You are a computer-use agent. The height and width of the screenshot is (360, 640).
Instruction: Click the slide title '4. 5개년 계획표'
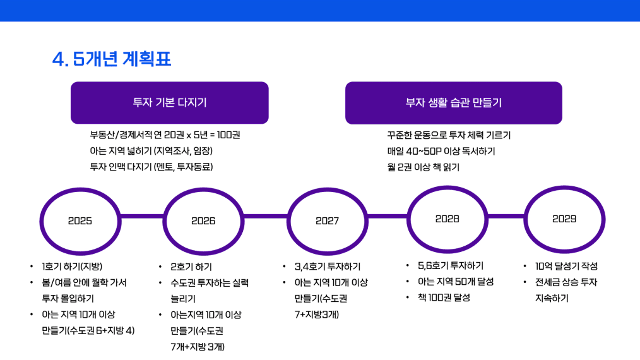click(x=112, y=59)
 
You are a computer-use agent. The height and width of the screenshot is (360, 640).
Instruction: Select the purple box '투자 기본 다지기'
click(x=169, y=102)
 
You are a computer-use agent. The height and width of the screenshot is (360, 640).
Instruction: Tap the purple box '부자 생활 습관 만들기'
click(x=453, y=102)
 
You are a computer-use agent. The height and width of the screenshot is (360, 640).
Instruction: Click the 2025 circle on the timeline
click(x=80, y=221)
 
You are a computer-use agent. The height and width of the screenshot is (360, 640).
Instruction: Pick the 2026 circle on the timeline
click(x=203, y=221)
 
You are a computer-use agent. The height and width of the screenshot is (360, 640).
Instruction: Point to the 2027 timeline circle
click(x=327, y=221)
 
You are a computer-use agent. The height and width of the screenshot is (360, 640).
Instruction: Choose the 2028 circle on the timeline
click(x=447, y=219)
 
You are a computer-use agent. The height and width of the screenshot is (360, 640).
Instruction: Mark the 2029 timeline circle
click(x=564, y=219)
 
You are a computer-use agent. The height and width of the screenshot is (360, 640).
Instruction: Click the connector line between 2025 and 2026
click(x=141, y=217)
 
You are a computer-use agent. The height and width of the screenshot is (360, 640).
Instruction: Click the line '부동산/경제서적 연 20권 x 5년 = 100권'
click(x=165, y=135)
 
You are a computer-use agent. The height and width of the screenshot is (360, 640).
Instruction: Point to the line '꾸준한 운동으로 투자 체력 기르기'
click(x=449, y=135)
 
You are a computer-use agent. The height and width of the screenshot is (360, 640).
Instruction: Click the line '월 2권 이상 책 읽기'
click(x=423, y=167)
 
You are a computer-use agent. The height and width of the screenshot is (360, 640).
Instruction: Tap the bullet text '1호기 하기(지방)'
click(x=72, y=266)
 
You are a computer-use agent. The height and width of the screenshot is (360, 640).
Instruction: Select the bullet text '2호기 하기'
click(x=191, y=267)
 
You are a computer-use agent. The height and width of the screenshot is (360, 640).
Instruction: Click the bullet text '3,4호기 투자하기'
click(x=328, y=267)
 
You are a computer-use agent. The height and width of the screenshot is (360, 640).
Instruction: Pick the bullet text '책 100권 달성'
click(x=444, y=297)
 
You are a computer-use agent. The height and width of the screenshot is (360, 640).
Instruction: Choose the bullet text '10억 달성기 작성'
click(x=566, y=266)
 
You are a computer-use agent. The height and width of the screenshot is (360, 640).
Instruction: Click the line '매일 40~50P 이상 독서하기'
click(x=441, y=152)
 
